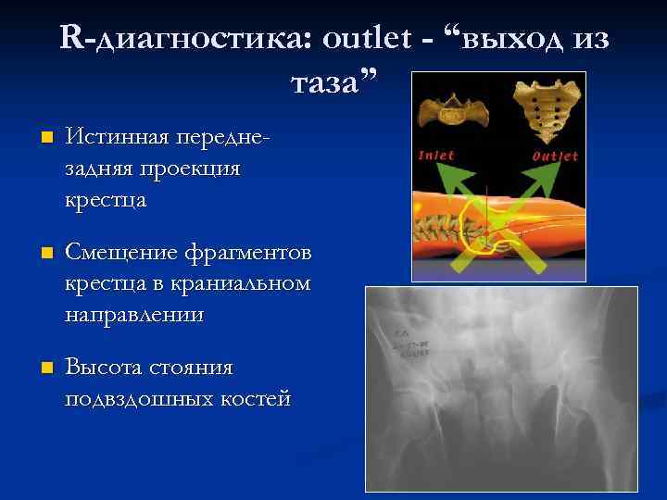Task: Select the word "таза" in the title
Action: [x=328, y=84]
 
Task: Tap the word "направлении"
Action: [x=134, y=314]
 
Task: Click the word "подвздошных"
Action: [x=142, y=398]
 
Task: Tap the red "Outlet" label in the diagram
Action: [x=555, y=156]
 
